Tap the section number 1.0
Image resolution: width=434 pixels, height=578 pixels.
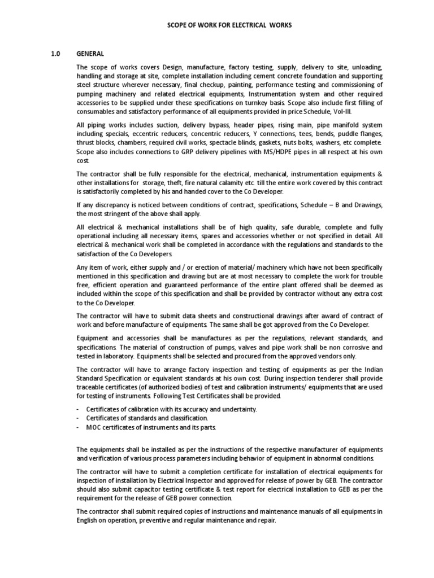tap(55, 54)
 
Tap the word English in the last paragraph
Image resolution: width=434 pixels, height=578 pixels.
tap(88, 519)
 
